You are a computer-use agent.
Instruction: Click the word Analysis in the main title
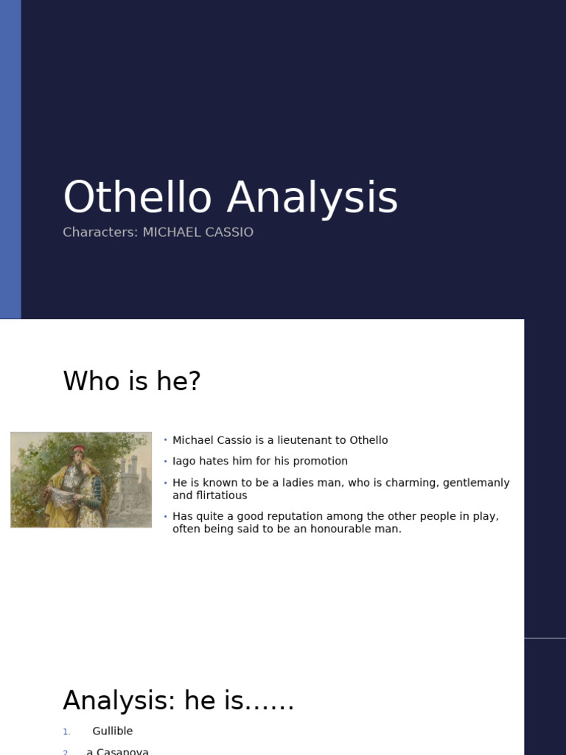click(312, 198)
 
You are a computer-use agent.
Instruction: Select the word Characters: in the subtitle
click(100, 232)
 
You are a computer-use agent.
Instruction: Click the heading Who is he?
click(132, 381)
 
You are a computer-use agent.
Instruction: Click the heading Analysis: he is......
click(178, 700)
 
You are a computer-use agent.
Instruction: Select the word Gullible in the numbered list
click(113, 731)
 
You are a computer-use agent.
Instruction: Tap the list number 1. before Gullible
click(66, 731)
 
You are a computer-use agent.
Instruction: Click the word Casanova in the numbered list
click(122, 751)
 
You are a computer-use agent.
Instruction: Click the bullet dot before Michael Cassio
click(166, 440)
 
